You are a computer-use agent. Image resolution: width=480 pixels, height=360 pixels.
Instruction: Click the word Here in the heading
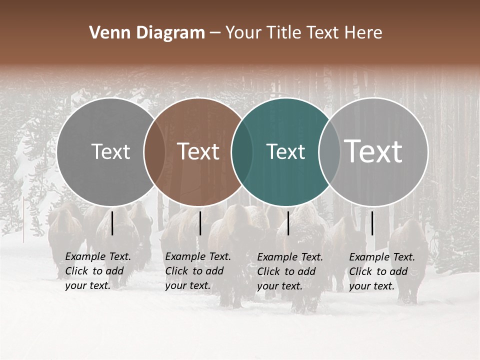[x=363, y=33]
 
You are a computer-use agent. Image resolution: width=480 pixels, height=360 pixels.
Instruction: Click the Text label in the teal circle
[x=285, y=151]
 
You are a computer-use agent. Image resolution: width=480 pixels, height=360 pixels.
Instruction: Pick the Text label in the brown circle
[x=198, y=151]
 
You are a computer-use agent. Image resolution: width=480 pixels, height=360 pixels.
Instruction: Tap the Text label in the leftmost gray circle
[x=111, y=151]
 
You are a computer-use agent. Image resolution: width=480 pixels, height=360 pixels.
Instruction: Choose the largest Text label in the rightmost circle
[x=373, y=151]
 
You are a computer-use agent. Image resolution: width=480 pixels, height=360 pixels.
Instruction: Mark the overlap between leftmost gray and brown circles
[x=154, y=152]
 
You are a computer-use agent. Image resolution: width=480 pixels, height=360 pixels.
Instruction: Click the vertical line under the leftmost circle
[x=112, y=223]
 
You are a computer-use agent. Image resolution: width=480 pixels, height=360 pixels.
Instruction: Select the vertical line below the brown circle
[x=200, y=223]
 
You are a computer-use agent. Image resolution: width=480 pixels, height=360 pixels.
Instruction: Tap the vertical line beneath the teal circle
[x=288, y=223]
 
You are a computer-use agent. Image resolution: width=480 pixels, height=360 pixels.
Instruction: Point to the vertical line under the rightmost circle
[x=372, y=223]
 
